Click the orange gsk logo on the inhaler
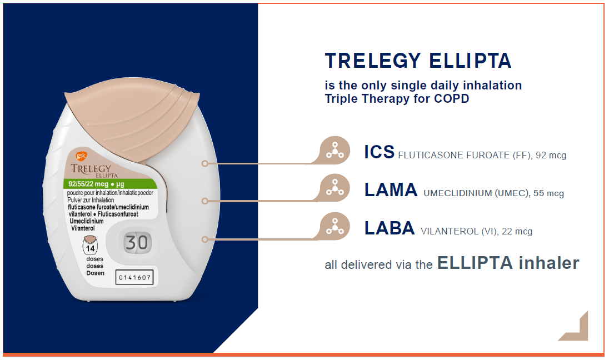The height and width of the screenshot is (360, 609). (x=81, y=156)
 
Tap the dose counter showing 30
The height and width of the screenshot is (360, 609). (x=136, y=243)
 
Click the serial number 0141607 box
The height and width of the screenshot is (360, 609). (x=134, y=277)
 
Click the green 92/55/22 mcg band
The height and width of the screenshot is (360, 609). (x=110, y=184)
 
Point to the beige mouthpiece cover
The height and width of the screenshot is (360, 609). (x=132, y=121)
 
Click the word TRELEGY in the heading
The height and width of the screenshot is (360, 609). (x=373, y=61)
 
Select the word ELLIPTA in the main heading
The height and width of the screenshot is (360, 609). (x=470, y=61)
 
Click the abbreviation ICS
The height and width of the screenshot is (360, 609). (x=379, y=152)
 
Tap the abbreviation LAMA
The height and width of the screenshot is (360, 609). (x=391, y=190)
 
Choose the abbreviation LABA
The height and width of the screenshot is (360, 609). (x=389, y=228)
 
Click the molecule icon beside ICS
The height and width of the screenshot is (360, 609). (x=335, y=151)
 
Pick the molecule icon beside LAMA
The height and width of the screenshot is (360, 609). (x=335, y=188)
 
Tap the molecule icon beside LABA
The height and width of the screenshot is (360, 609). (x=335, y=227)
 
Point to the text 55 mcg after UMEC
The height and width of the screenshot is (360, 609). (x=548, y=193)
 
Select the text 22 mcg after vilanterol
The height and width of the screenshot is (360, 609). (x=517, y=232)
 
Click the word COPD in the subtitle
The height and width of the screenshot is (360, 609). (x=451, y=99)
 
